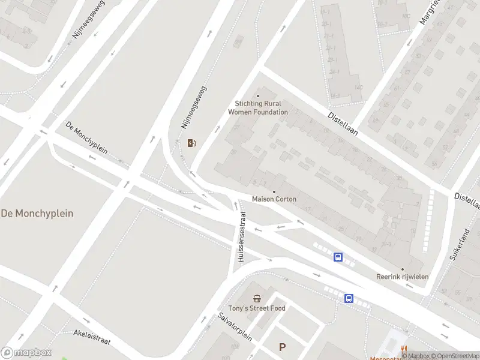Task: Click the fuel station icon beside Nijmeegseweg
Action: pyautogui.click(x=191, y=143)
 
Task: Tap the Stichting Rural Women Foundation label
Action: pyautogui.click(x=258, y=108)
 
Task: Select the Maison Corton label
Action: pyautogui.click(x=274, y=199)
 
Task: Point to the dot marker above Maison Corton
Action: pyautogui.click(x=274, y=192)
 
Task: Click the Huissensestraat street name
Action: pyautogui.click(x=242, y=236)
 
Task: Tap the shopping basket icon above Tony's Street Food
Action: pyautogui.click(x=257, y=298)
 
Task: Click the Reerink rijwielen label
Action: pyautogui.click(x=402, y=277)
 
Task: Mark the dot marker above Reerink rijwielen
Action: pyautogui.click(x=403, y=269)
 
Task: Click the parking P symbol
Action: pyautogui.click(x=283, y=347)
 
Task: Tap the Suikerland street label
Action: pyautogui.click(x=461, y=243)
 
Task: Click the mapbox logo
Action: pyautogui.click(x=26, y=353)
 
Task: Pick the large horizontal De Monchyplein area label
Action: pyautogui.click(x=37, y=213)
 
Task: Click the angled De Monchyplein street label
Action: pyautogui.click(x=86, y=137)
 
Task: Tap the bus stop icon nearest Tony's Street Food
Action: pyautogui.click(x=349, y=298)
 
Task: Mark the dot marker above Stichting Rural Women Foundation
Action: pyautogui.click(x=258, y=96)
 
